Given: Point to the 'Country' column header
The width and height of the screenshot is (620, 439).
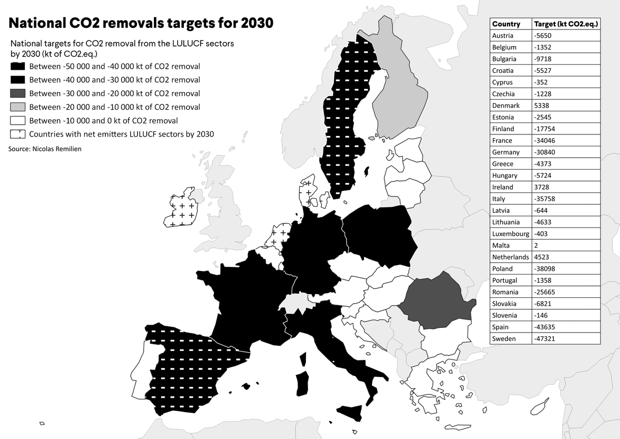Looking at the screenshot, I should click(506, 24).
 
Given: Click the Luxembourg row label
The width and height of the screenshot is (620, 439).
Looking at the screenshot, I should click(510, 234).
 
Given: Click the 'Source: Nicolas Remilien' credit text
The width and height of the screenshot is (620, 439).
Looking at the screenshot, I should click(45, 149).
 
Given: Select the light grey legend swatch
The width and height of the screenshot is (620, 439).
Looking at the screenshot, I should click(18, 107).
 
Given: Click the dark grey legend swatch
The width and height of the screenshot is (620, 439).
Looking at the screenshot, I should click(18, 94).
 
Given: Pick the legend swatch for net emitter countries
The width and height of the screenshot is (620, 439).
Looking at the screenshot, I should click(18, 134).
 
